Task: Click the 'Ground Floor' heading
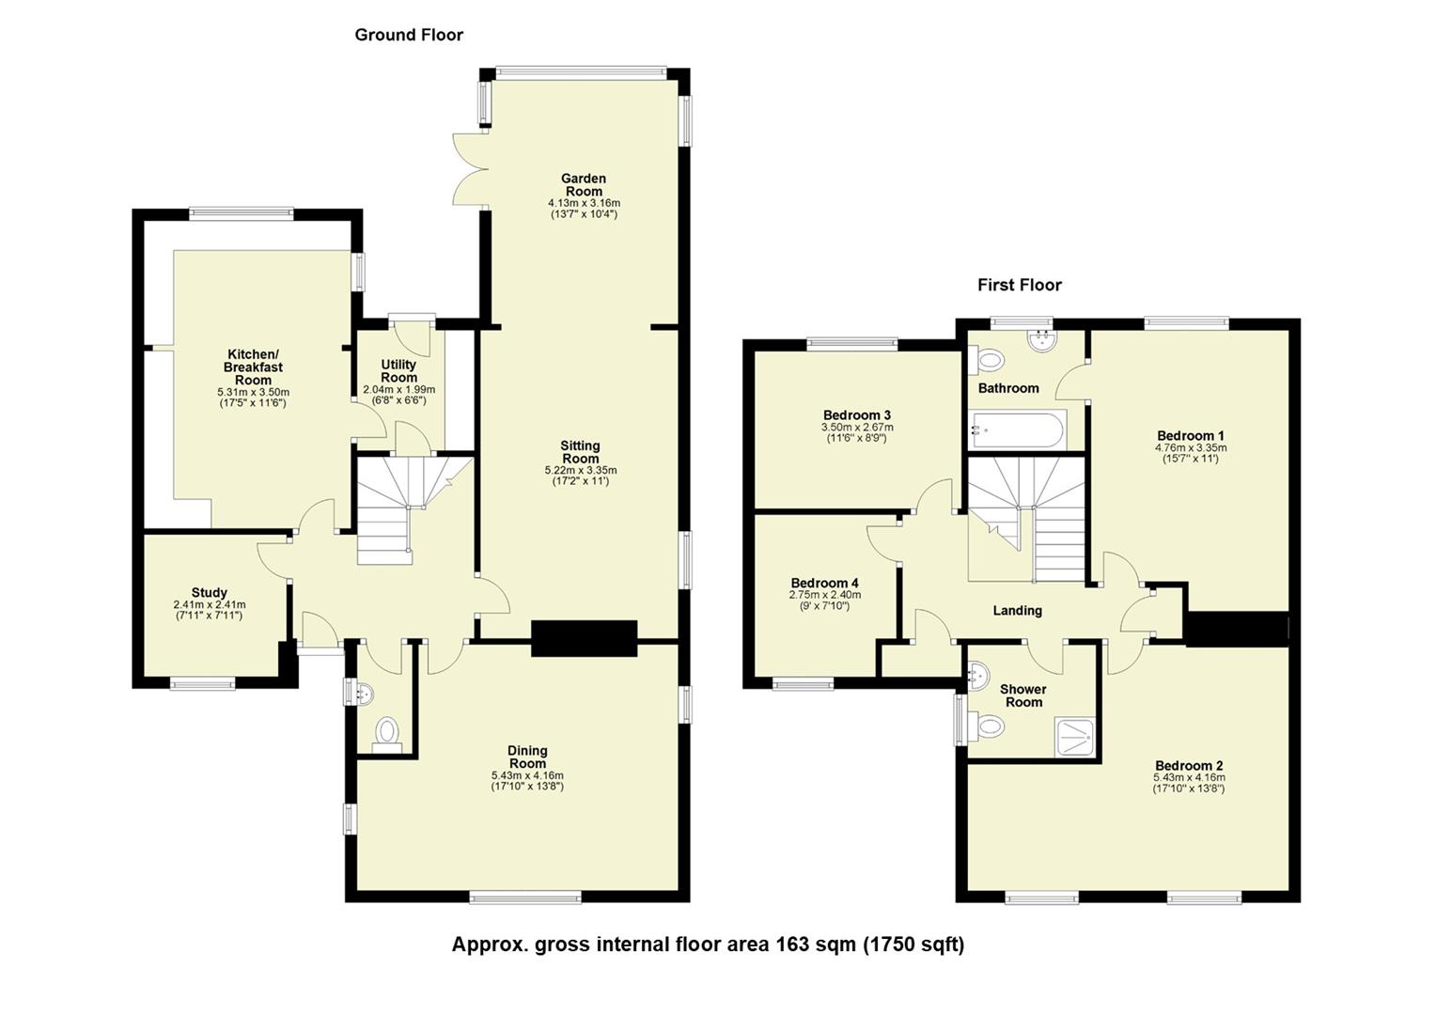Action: [409, 35]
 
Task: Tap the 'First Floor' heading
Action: [1019, 285]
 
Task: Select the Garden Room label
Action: [583, 185]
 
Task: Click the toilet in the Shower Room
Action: [989, 726]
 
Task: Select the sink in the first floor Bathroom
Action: [1041, 341]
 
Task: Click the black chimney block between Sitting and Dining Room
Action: [584, 638]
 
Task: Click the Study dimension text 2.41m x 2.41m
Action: [209, 604]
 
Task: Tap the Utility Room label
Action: [398, 370]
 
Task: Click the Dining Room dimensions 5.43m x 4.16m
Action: [527, 775]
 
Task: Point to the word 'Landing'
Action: [1017, 611]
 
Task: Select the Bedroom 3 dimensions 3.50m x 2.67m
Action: [856, 427]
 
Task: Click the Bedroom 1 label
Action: [1190, 435]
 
